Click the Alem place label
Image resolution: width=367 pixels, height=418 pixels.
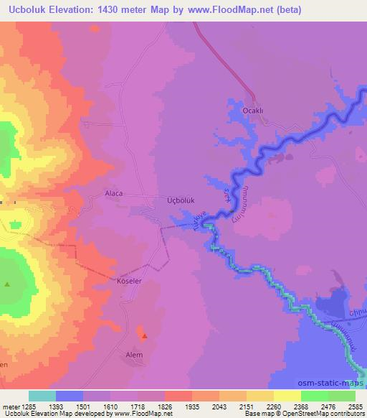[x=134, y=355]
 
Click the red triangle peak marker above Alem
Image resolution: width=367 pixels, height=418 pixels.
[x=145, y=335]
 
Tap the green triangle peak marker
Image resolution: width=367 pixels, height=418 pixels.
[x=7, y=284]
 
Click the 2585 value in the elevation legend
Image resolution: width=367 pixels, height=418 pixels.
[x=354, y=406]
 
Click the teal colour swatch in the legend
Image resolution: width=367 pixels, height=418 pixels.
[x=42, y=396]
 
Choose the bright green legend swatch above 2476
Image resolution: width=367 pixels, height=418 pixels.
[x=314, y=396]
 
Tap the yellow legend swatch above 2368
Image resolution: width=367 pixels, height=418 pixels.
[x=287, y=396]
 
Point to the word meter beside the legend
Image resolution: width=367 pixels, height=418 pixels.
[x=10, y=406]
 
